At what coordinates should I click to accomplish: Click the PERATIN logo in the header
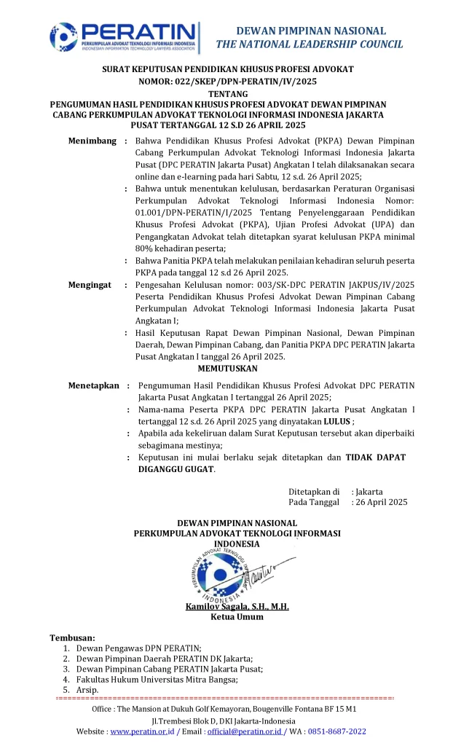tap(125, 38)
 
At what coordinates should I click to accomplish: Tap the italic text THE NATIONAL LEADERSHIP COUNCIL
tap(310, 44)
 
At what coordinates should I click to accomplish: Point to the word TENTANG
tap(227, 94)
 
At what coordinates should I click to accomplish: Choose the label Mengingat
tap(90, 285)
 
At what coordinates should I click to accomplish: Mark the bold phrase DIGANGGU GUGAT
tap(176, 469)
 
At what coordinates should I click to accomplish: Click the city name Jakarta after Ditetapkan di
tap(370, 491)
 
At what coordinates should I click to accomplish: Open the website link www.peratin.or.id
tap(141, 731)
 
